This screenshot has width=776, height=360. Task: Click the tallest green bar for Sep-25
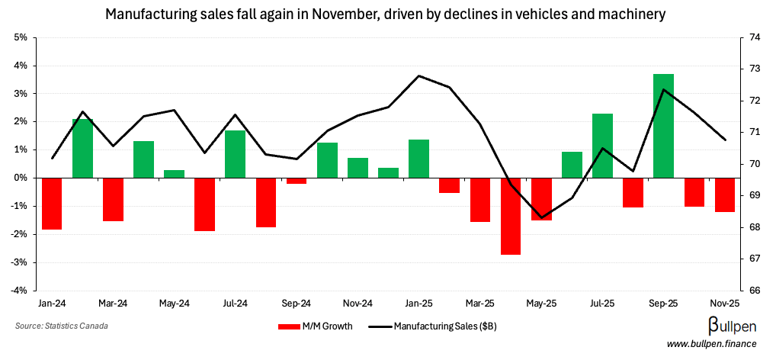[663, 126]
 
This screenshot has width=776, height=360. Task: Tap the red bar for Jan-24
[52, 203]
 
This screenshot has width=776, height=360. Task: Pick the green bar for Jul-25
[602, 146]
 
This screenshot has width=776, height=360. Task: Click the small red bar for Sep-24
[297, 181]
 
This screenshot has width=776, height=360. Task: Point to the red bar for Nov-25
[724, 194]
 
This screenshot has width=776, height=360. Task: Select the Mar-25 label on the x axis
[479, 304]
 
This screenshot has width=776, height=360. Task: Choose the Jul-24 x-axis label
[235, 304]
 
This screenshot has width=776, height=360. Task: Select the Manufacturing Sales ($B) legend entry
[432, 326]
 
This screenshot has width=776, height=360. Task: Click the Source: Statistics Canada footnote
[61, 326]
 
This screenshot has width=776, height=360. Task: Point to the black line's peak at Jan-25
[418, 76]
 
